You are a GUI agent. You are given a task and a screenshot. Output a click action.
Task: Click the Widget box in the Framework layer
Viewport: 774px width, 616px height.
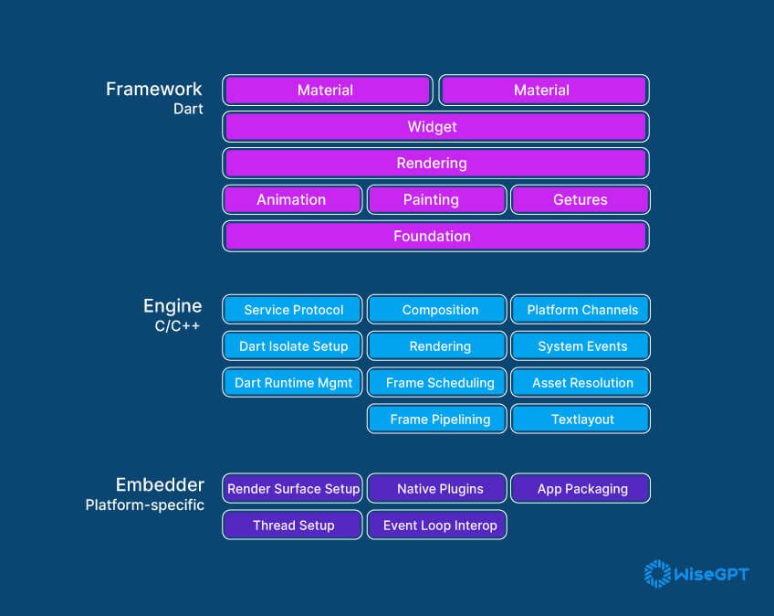click(x=435, y=127)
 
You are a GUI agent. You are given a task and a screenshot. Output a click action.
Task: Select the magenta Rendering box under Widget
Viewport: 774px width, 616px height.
click(x=435, y=164)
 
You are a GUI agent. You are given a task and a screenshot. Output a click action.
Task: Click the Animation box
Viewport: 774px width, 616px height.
click(x=292, y=200)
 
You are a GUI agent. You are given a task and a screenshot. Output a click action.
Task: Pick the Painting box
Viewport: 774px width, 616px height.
click(x=436, y=200)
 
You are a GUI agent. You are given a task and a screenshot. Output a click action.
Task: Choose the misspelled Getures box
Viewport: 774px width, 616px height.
click(x=580, y=200)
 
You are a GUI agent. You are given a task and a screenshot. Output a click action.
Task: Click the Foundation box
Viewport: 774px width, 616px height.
click(x=435, y=237)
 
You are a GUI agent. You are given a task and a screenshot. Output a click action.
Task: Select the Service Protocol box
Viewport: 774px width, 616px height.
click(x=292, y=310)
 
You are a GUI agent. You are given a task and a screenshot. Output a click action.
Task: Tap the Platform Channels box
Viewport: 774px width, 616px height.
click(x=580, y=310)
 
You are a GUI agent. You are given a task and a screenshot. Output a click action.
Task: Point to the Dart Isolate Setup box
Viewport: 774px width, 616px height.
click(x=292, y=346)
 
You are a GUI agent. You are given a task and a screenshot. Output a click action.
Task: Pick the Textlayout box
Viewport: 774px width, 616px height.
click(x=580, y=420)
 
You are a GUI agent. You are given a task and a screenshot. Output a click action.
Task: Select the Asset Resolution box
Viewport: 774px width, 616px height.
click(x=580, y=383)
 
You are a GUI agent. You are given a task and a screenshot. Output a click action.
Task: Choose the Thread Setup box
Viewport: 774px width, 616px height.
click(x=292, y=526)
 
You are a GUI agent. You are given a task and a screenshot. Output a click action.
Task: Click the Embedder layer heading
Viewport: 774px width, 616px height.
click(x=160, y=485)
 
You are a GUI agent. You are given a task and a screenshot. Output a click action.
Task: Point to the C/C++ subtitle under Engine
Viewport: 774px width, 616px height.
click(x=178, y=325)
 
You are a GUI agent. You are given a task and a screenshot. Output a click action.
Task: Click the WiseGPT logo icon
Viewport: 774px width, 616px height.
click(x=656, y=574)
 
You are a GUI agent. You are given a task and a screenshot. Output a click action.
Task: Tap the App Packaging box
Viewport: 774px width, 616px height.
click(x=580, y=489)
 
